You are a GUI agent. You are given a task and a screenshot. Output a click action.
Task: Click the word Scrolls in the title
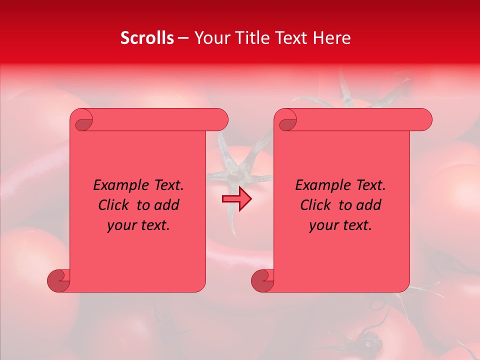pos(147,38)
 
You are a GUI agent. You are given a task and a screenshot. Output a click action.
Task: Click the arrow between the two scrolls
pos(236,199)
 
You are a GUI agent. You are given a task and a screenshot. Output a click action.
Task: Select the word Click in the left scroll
pos(113,205)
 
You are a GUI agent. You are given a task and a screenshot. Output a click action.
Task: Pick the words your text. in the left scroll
pos(138,225)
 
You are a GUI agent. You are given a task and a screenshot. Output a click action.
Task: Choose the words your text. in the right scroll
pos(340,225)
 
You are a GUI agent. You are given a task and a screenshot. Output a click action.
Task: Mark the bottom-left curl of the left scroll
pos(58,280)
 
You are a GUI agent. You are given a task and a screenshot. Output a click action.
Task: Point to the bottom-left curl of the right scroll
pos(262,280)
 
